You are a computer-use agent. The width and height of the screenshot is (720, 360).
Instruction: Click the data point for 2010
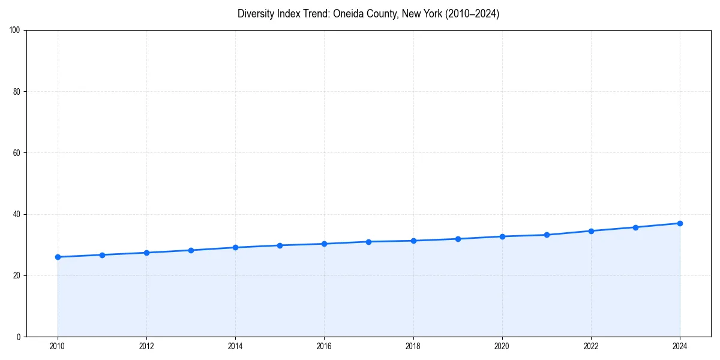(58, 257)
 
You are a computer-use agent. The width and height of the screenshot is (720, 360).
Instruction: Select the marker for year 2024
(680, 223)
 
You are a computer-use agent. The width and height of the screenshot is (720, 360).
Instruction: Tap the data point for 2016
(324, 244)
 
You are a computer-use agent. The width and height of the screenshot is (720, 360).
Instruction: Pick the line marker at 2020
(502, 236)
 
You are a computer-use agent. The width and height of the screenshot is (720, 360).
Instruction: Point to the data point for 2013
(191, 250)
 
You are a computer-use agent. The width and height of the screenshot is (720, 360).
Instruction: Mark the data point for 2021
(547, 235)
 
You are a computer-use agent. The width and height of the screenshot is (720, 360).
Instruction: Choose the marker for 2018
(413, 241)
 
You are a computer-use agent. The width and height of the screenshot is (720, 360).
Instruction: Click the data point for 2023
(635, 227)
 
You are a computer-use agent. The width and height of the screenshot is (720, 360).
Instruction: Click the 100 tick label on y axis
(15, 31)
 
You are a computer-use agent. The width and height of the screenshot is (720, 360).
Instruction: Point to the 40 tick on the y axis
(17, 214)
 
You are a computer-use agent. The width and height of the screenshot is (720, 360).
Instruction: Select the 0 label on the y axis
(19, 337)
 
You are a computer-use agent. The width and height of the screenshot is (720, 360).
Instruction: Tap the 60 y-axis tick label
(17, 153)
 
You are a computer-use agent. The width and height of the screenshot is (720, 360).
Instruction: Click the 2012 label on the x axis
(146, 346)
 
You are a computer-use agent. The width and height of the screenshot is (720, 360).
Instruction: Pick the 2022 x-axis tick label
(591, 346)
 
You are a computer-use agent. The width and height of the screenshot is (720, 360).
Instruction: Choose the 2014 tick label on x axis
(235, 346)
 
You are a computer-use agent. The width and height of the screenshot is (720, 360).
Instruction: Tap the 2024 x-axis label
(680, 346)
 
